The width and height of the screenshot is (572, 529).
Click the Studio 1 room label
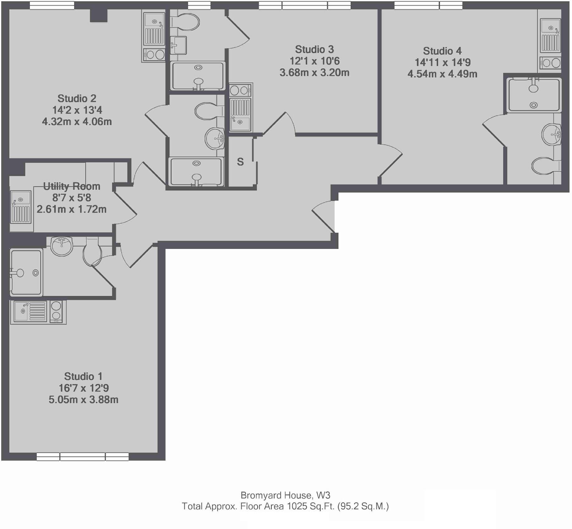[83, 376]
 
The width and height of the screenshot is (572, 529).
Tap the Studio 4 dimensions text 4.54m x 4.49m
[442, 74]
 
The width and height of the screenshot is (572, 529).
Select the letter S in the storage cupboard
[240, 162]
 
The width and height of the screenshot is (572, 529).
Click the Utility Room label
[72, 186]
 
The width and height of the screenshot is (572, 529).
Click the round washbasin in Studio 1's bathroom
[62, 246]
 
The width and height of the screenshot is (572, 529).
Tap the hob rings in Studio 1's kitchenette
[56, 311]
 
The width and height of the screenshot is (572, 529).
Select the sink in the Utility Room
[21, 207]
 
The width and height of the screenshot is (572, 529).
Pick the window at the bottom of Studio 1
[83, 457]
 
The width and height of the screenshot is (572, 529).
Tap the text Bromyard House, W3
[285, 495]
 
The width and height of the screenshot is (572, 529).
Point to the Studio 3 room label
[314, 50]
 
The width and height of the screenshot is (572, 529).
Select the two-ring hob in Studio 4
[550, 63]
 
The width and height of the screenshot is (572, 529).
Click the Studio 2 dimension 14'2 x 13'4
[77, 110]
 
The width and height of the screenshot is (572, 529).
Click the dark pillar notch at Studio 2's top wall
[99, 16]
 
